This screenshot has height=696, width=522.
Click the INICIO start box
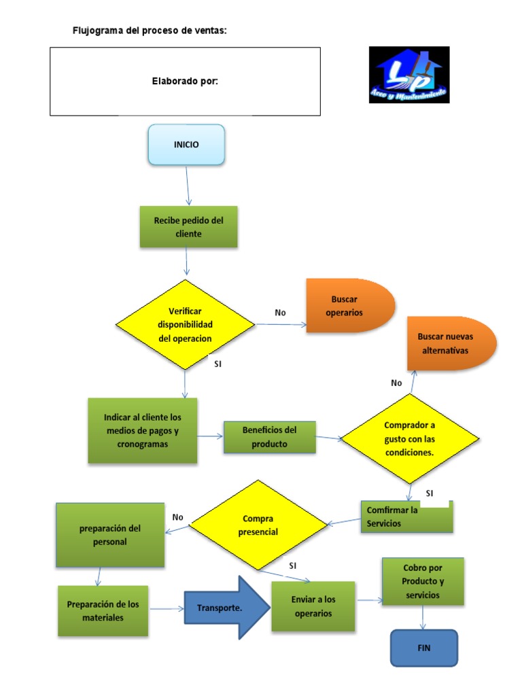(x=186, y=145)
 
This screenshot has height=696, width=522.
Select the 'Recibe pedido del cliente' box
(x=189, y=227)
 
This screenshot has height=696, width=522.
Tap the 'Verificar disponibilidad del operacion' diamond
(x=185, y=324)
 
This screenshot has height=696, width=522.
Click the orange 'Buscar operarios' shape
(x=350, y=306)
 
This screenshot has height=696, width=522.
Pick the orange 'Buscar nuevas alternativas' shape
(x=451, y=343)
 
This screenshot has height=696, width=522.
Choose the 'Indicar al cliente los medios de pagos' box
(x=143, y=430)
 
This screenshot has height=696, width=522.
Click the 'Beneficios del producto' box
(x=269, y=437)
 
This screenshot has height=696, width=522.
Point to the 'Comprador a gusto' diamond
(x=410, y=438)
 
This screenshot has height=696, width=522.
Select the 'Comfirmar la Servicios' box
(x=406, y=517)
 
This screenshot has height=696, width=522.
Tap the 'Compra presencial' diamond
(x=258, y=525)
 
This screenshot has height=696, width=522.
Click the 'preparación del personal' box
(x=110, y=535)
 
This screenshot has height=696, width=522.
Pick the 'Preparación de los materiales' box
(x=103, y=611)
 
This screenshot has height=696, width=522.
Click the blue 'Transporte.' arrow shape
(x=227, y=608)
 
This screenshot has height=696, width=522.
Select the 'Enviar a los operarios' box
(x=313, y=606)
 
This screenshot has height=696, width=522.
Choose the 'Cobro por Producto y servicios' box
(x=423, y=582)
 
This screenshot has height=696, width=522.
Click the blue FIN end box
(x=424, y=648)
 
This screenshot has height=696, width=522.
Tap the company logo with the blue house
(x=409, y=75)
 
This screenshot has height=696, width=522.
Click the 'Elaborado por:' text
(x=185, y=82)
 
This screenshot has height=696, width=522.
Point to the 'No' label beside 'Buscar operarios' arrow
(x=280, y=313)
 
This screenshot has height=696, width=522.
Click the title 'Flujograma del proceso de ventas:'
(x=150, y=31)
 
